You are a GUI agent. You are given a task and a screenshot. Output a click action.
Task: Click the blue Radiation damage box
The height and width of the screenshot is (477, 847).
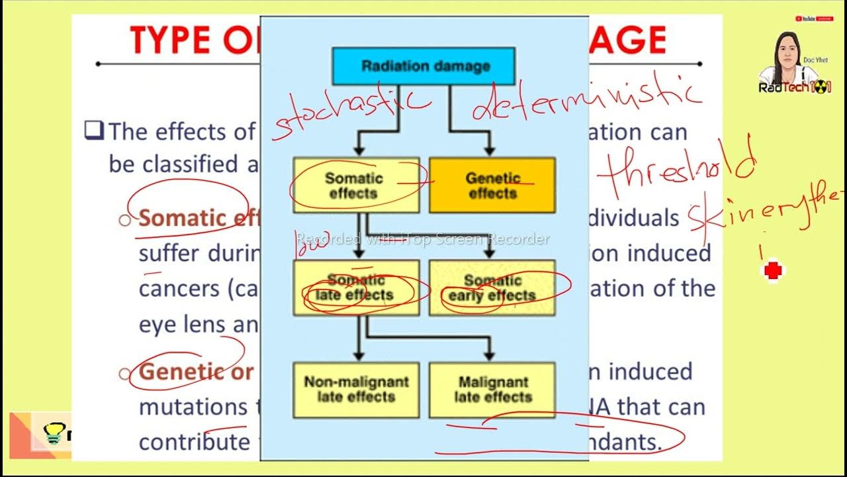click(x=423, y=66)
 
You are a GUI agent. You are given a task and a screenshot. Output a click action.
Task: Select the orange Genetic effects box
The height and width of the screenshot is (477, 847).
click(x=492, y=185)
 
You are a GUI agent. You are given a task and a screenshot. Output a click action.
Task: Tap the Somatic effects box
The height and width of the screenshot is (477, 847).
click(x=355, y=185)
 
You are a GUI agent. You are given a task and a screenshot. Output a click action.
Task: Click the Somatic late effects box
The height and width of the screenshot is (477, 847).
click(x=356, y=288)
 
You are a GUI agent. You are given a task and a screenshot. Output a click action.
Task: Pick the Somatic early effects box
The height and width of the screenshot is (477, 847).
click(x=492, y=288)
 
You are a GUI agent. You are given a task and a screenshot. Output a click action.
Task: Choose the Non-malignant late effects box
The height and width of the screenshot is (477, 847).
click(x=356, y=390)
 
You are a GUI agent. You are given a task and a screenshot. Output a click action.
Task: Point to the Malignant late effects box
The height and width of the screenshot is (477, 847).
click(x=492, y=390)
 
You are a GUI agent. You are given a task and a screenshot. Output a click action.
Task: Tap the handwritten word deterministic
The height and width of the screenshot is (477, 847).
click(x=586, y=99)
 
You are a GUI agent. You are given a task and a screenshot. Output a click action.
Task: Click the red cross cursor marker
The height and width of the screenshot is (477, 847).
click(x=773, y=270)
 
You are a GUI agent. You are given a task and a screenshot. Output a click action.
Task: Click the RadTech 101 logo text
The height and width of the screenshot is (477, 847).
click(x=794, y=87)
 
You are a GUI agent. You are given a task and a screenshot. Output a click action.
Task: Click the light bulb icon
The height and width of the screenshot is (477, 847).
click(x=53, y=434)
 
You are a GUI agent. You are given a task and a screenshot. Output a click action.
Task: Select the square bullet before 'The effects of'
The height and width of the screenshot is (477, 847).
click(x=94, y=130)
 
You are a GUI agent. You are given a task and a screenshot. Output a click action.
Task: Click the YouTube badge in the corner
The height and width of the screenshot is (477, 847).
click(x=814, y=19)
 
